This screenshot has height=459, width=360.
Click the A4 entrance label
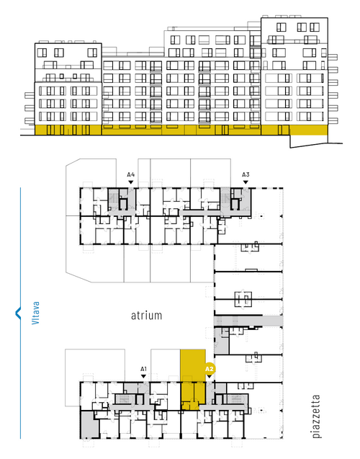(131, 175)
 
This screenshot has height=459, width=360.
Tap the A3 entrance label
(246, 175)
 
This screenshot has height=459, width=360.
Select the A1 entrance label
(143, 369)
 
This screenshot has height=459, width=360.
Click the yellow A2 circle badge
(210, 369)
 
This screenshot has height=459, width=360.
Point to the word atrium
(146, 316)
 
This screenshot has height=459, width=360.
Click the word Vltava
(35, 313)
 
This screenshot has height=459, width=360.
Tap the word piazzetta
(316, 416)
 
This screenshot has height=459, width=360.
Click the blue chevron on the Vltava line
(18, 313)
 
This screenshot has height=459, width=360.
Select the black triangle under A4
(131, 182)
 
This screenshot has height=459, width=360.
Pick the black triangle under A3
(246, 182)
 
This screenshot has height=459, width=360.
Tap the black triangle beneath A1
(143, 376)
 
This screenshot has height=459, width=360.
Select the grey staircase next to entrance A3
(225, 200)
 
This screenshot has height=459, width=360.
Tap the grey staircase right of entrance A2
(235, 399)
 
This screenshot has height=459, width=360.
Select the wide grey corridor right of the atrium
(248, 321)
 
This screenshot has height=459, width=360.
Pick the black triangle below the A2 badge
(210, 376)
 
